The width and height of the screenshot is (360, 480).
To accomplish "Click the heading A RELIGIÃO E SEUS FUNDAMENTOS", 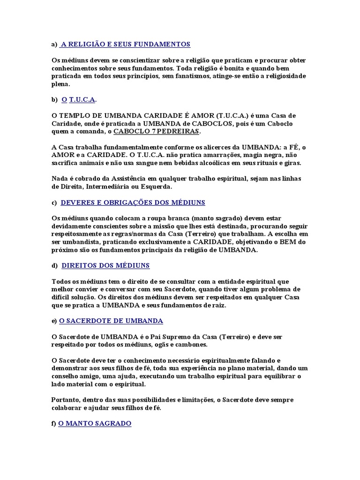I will coord(125,44).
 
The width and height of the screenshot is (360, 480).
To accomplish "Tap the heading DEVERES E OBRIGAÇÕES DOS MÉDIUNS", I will coord(133,202).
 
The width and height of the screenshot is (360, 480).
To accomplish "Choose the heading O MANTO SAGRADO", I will coord(95,423).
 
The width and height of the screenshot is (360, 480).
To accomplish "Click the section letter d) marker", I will coord(54,266).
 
